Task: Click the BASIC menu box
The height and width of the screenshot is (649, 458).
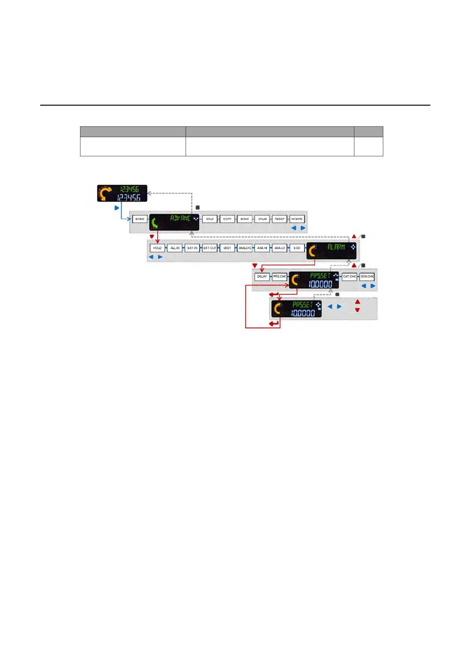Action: pyautogui.click(x=140, y=219)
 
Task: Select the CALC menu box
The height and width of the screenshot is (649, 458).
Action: pyautogui.click(x=210, y=219)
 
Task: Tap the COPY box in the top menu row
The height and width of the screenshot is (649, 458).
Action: pyautogui.click(x=227, y=219)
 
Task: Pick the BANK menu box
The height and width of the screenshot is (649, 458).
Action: pyautogui.click(x=245, y=219)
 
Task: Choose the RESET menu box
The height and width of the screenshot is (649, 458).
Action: pyautogui.click(x=280, y=219)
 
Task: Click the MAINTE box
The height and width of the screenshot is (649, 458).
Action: pyautogui.click(x=297, y=219)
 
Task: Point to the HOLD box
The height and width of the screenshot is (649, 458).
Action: pyautogui.click(x=157, y=248)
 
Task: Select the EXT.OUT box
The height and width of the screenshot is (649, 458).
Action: pyautogui.click(x=210, y=248)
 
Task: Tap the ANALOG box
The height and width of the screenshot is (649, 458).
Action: pyautogui.click(x=245, y=248)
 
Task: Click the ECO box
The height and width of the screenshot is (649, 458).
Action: pyautogui.click(x=297, y=248)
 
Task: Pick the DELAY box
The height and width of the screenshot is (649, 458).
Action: pyautogui.click(x=262, y=277)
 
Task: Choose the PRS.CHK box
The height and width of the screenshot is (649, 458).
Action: pyautogui.click(x=280, y=277)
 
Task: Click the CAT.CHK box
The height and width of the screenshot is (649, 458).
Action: pyautogui.click(x=349, y=277)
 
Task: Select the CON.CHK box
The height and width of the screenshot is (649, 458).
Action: pyautogui.click(x=367, y=277)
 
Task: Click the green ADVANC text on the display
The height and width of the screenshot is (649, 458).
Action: pyautogui.click(x=180, y=218)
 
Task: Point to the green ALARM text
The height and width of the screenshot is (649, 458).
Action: pyautogui.click(x=336, y=247)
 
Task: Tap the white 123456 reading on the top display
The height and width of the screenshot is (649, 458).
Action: pyautogui.click(x=129, y=197)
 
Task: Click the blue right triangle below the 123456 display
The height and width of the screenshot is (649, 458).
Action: pyautogui.click(x=117, y=208)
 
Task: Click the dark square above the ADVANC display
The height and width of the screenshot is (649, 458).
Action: pyautogui.click(x=198, y=208)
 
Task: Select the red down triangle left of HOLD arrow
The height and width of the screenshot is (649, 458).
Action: pyautogui.click(x=152, y=236)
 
